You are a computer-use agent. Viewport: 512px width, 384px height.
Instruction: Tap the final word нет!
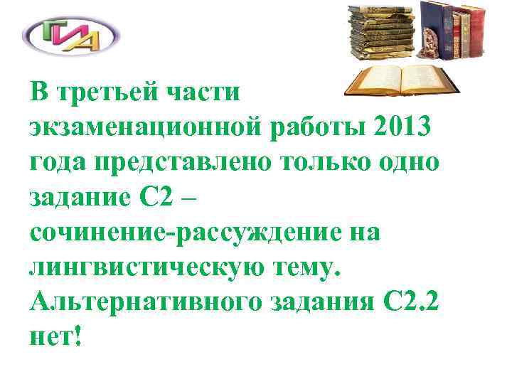coord(57,336)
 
